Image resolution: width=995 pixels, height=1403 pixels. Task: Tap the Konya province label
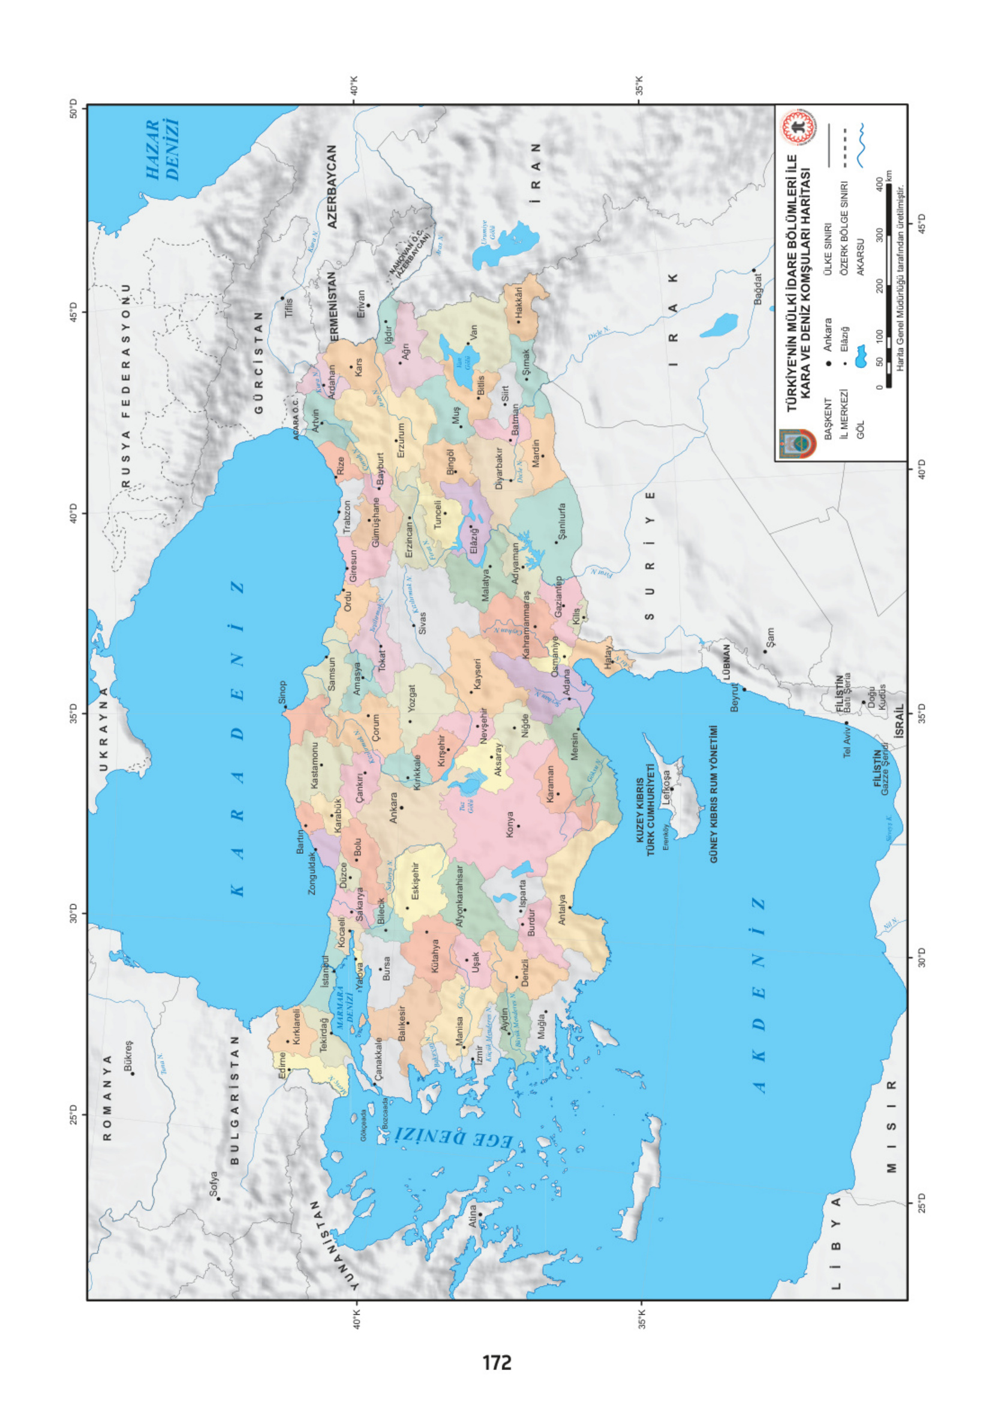click(510, 824)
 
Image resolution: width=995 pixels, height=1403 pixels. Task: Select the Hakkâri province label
click(518, 304)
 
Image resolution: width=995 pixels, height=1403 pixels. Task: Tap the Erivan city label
click(361, 304)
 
